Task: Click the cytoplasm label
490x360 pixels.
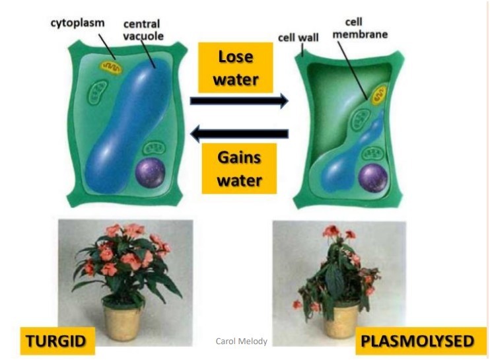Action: point(77,23)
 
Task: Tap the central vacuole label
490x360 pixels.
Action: point(143,30)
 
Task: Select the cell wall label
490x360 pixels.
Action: point(298,38)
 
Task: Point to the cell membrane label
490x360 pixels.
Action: point(360,28)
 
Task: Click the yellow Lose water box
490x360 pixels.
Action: point(235,67)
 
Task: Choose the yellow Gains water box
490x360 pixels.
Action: point(239,168)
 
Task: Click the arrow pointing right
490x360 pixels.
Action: point(239,100)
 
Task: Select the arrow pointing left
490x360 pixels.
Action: point(239,133)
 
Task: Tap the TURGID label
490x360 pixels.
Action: point(57,341)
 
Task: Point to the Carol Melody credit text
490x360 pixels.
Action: point(241,341)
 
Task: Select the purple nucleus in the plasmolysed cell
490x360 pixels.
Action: point(373,178)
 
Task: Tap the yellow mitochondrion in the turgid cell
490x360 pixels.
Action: point(110,68)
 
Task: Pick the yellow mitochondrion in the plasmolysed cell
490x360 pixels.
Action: point(378,96)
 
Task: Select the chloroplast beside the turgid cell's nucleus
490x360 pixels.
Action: point(154,149)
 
